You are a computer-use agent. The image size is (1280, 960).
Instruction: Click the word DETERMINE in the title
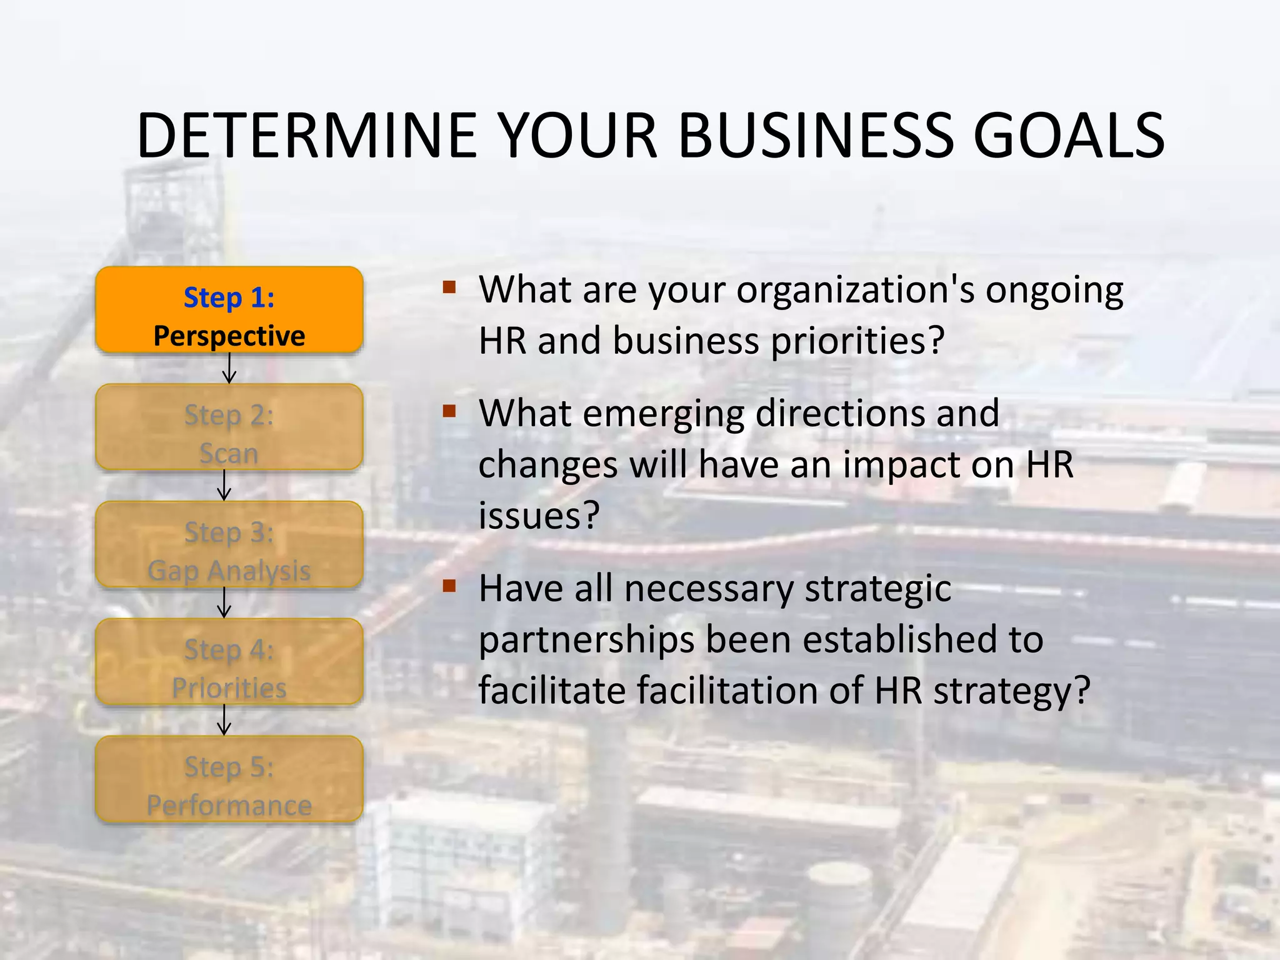(x=306, y=136)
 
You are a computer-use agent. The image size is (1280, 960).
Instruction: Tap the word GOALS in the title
(x=1069, y=136)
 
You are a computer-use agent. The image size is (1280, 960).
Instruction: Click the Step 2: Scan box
(x=229, y=427)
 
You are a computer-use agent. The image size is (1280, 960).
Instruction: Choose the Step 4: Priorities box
(x=229, y=662)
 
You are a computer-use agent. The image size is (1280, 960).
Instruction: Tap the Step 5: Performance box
(x=229, y=779)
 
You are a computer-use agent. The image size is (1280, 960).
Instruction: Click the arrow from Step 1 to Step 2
(x=229, y=369)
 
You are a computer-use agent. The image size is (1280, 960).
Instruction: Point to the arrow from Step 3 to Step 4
(x=224, y=603)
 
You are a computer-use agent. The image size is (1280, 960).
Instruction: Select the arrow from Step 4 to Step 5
(x=224, y=720)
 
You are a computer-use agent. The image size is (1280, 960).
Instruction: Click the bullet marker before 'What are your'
(x=449, y=288)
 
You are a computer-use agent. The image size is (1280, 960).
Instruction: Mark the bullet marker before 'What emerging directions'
(x=449, y=411)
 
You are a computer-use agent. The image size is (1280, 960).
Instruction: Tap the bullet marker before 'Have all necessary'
(x=449, y=586)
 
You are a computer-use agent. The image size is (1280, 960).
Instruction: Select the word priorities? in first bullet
(x=857, y=341)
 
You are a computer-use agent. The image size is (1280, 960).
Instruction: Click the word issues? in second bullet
(x=539, y=516)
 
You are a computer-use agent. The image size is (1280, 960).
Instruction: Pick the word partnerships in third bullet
(x=586, y=641)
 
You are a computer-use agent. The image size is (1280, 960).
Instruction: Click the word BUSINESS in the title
(x=816, y=136)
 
